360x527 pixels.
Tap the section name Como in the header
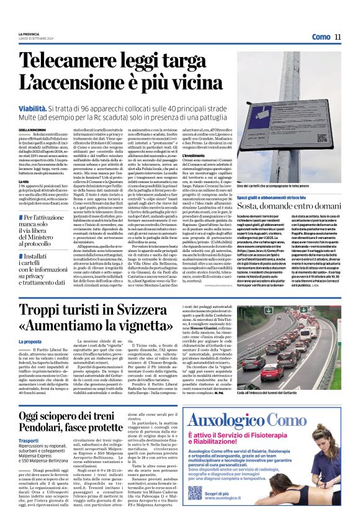321,37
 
